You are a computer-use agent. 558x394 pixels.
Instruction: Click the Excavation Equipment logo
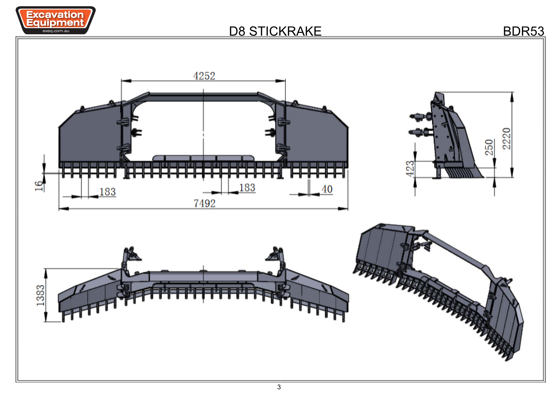click(x=56, y=20)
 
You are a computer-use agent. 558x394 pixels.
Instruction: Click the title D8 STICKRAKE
click(x=275, y=31)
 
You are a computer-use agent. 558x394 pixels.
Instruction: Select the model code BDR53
click(x=523, y=31)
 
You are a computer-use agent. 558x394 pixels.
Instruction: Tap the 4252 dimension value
click(x=204, y=76)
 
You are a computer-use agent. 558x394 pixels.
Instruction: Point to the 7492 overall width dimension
click(x=205, y=203)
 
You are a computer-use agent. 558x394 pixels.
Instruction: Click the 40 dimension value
click(x=327, y=189)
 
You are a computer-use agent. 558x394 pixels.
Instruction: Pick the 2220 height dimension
click(x=506, y=139)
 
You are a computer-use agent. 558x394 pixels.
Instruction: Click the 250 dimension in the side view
click(x=489, y=147)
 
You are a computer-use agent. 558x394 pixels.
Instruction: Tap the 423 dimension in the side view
click(x=410, y=169)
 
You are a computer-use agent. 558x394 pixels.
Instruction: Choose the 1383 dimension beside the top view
click(x=40, y=295)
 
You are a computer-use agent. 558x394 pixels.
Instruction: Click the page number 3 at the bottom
click(x=279, y=387)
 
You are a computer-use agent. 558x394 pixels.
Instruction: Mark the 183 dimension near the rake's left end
click(x=107, y=192)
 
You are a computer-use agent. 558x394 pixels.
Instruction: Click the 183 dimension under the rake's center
click(x=247, y=188)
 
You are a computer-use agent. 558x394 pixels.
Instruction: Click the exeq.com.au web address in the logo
click(x=56, y=31)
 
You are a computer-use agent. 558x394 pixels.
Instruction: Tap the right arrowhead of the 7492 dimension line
click(x=343, y=209)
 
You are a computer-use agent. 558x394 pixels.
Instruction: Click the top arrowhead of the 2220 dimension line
click(x=512, y=97)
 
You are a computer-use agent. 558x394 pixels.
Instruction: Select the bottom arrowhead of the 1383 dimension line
click(x=46, y=317)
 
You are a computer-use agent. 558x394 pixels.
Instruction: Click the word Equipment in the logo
click(x=55, y=23)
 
